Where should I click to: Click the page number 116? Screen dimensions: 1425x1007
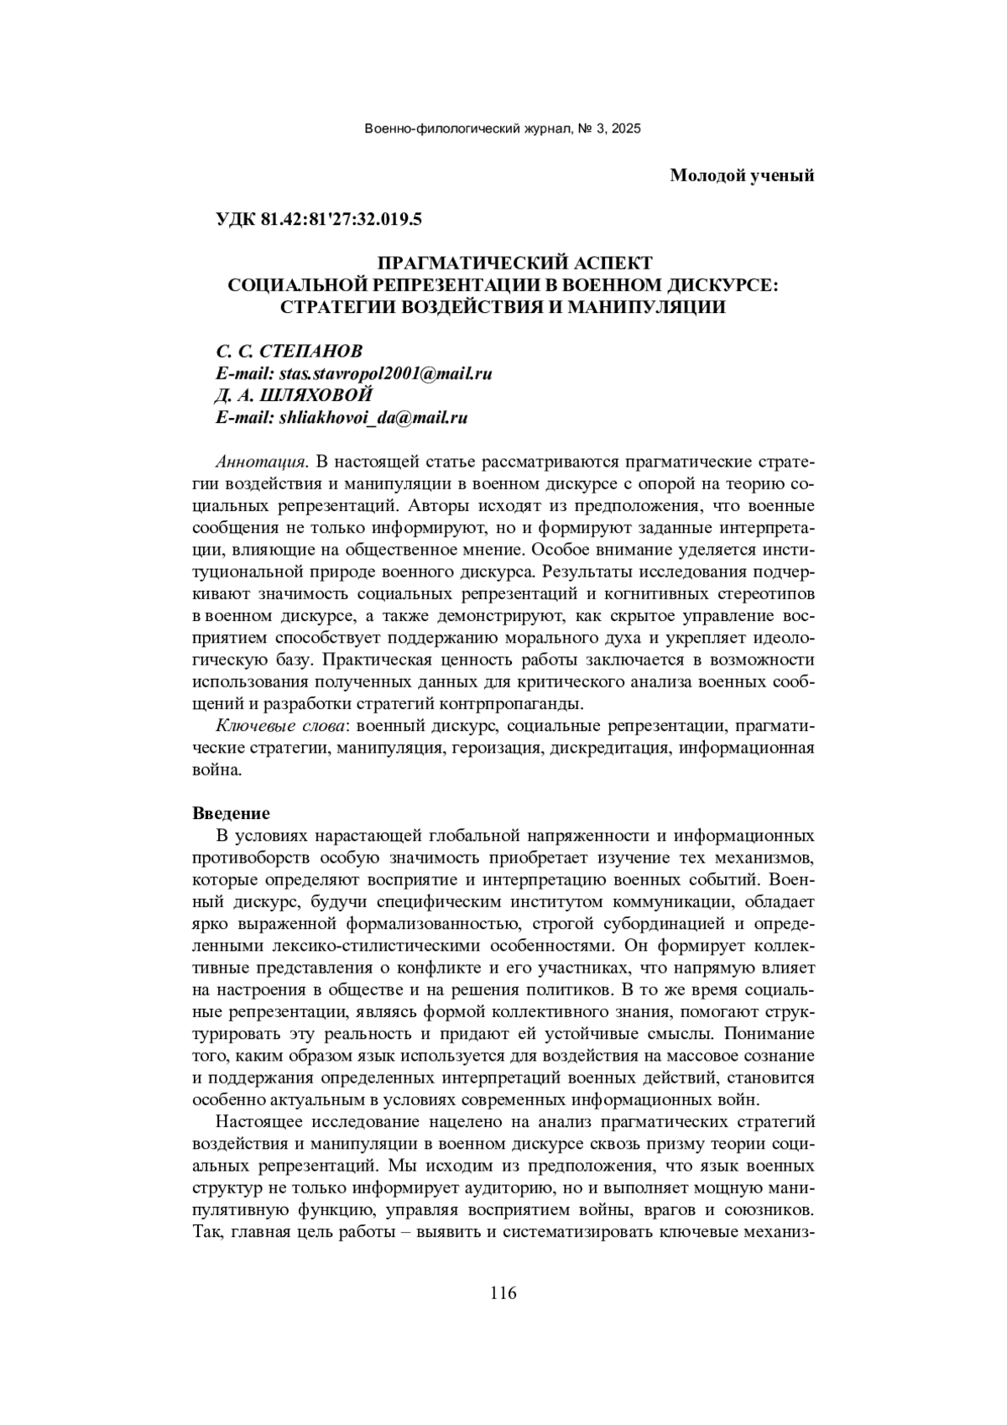point(503,1292)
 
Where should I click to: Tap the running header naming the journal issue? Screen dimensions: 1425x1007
point(503,129)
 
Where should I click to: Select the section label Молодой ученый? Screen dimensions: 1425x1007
point(742,175)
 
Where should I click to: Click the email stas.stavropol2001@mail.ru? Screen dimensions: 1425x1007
point(385,373)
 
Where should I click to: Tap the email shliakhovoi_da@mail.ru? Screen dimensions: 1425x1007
point(373,418)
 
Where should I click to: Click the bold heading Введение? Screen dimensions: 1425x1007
point(231,813)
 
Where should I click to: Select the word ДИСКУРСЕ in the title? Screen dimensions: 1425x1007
point(703,284)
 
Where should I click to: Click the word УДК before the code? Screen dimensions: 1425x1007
point(236,221)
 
